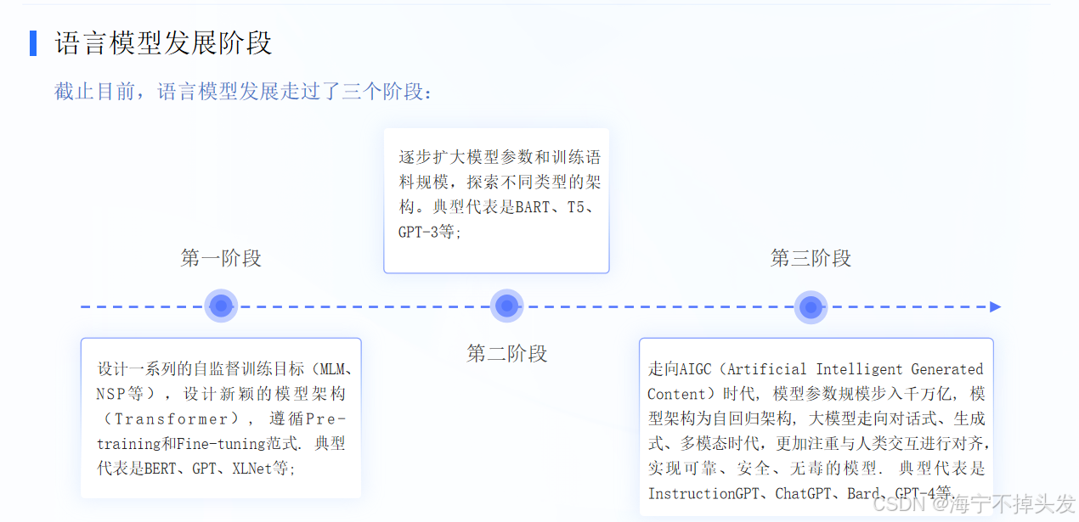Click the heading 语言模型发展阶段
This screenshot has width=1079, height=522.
[164, 43]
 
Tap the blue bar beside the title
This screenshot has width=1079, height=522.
[33, 43]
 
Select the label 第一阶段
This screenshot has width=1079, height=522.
[221, 258]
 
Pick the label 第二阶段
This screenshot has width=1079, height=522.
[507, 353]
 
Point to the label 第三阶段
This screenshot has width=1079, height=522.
[811, 258]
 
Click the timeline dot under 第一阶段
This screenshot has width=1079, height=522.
[221, 306]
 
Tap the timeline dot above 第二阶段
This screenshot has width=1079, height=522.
[507, 306]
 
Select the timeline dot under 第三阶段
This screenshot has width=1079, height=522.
[811, 306]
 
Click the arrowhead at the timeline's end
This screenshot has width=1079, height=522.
[996, 306]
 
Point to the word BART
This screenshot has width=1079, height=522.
[533, 207]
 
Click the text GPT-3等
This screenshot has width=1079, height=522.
[429, 232]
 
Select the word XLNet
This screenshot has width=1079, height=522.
[251, 469]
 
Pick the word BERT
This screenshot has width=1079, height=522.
[160, 469]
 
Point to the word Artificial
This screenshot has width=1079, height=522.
[767, 369]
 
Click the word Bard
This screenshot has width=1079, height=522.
[864, 493]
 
